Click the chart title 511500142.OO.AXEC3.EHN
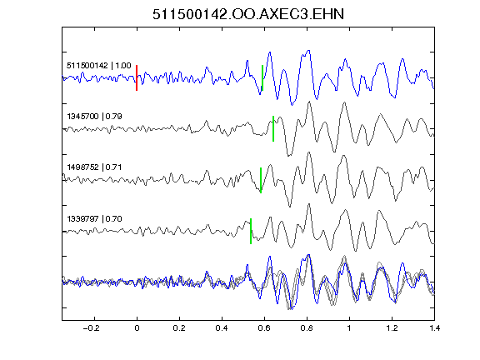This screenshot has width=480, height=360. pyautogui.click(x=248, y=14)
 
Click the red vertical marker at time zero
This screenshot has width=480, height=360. pyautogui.click(x=137, y=77)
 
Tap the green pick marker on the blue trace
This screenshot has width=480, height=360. pyautogui.click(x=262, y=77)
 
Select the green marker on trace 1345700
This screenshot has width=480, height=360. pyautogui.click(x=273, y=128)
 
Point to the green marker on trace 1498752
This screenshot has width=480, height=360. pyautogui.click(x=261, y=180)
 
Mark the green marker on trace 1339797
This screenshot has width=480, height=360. pyautogui.click(x=251, y=231)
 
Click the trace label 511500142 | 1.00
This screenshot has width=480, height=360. pyautogui.click(x=99, y=66)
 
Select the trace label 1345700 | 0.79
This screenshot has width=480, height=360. pyautogui.click(x=95, y=117)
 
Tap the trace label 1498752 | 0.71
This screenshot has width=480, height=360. pyautogui.click(x=95, y=167)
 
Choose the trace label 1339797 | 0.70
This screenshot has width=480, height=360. pyautogui.click(x=95, y=219)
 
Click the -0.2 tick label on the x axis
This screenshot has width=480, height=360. pyautogui.click(x=92, y=328)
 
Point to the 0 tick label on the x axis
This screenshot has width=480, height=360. pyautogui.click(x=137, y=328)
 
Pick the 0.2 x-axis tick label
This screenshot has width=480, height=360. pyautogui.click(x=179, y=328)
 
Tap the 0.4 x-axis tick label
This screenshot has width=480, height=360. pyautogui.click(x=222, y=328)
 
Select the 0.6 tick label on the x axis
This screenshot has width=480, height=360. pyautogui.click(x=264, y=328)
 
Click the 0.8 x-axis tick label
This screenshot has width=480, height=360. pyautogui.click(x=307, y=328)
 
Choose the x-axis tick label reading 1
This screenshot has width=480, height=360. pyautogui.click(x=349, y=328)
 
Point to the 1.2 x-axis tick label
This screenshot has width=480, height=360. pyautogui.click(x=392, y=328)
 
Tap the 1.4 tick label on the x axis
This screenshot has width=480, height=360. pyautogui.click(x=434, y=328)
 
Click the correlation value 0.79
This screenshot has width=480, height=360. pyautogui.click(x=114, y=117)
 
